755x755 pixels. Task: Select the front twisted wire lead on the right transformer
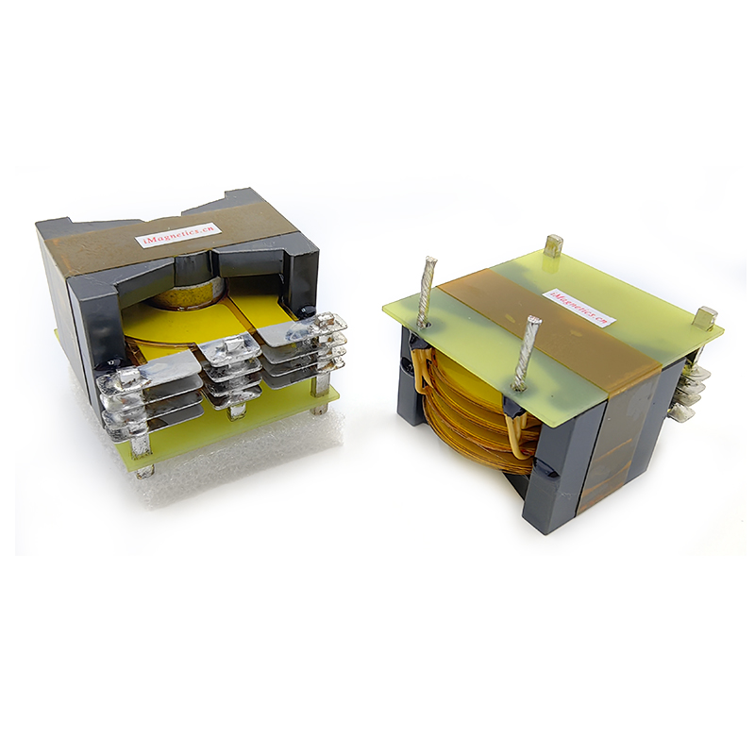(524, 353)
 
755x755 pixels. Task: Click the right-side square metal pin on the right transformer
(704, 316)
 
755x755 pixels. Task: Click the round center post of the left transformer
(189, 294)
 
